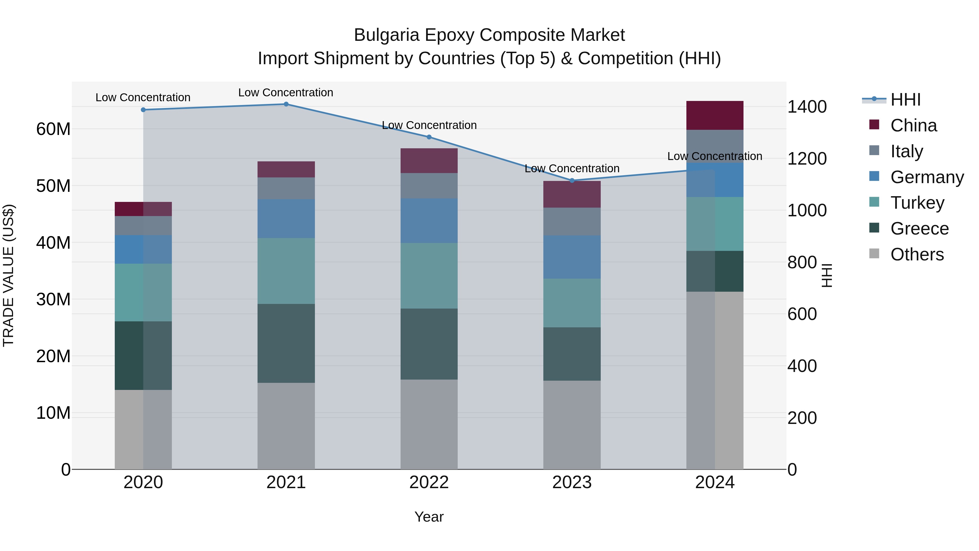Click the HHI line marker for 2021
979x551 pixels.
pos(286,104)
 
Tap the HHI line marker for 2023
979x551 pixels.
pos(572,181)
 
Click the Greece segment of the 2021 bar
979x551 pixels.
pos(286,343)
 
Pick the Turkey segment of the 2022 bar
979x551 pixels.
pos(429,276)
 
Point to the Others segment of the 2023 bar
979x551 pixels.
pos(572,425)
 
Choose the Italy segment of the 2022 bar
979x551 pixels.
pos(429,186)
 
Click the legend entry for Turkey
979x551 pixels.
pos(917,203)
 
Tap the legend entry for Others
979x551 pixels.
pos(917,254)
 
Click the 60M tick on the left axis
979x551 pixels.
pos(53,129)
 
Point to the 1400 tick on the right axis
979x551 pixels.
pos(807,107)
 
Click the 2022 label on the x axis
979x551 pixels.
pos(429,482)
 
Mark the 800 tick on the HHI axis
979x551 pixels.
pos(802,262)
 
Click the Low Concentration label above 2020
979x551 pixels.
pos(143,97)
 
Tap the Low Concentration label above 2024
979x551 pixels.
pos(714,156)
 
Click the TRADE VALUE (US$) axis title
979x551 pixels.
pos(8,275)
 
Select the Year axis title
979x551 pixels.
pos(429,517)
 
